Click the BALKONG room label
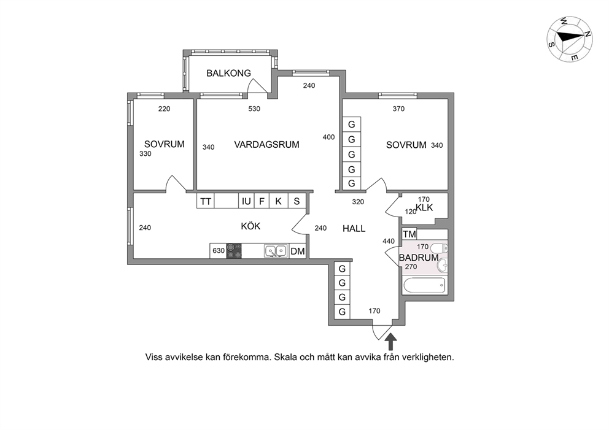(x=228, y=73)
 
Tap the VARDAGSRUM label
(x=266, y=145)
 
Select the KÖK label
(x=250, y=226)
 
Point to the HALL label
(x=354, y=229)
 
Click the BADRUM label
(x=419, y=258)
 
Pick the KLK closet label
(x=424, y=207)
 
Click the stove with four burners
(x=234, y=251)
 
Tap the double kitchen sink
(x=276, y=251)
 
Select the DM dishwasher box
(x=298, y=251)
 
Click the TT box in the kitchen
(x=206, y=201)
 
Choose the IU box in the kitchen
(x=246, y=201)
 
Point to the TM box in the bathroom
(x=409, y=234)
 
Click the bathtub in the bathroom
(x=424, y=286)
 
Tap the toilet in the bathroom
(x=440, y=248)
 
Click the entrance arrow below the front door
(x=392, y=342)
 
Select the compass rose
(x=569, y=39)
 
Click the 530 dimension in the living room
(x=254, y=109)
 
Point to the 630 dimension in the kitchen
(x=219, y=251)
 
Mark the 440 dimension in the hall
(x=389, y=241)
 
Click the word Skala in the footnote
(x=285, y=357)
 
